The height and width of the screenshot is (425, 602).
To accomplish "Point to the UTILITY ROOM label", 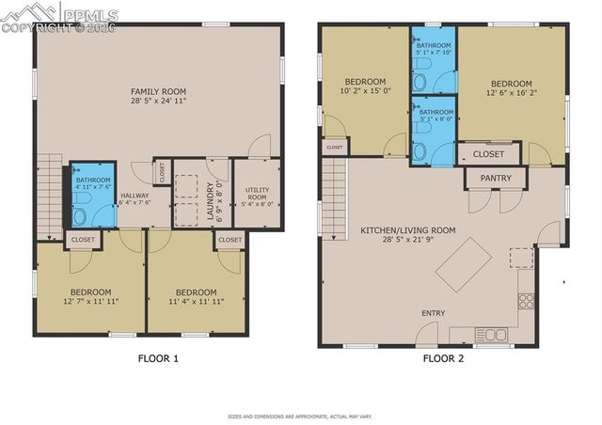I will click(x=257, y=196).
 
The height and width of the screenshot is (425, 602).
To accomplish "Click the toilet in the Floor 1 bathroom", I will click(x=79, y=216).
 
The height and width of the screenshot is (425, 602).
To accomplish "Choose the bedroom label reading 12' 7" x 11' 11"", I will click(x=90, y=296).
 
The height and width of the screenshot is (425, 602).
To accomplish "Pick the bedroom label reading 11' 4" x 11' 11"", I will click(x=196, y=296).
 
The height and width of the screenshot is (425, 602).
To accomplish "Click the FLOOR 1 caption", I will click(x=158, y=358).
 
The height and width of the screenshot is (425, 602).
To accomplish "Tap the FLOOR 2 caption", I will click(x=442, y=358).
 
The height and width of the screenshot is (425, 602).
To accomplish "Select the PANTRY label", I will click(x=495, y=178).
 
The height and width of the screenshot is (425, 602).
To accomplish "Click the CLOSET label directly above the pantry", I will click(x=488, y=153).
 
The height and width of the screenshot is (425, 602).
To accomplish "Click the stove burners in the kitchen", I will click(x=526, y=302).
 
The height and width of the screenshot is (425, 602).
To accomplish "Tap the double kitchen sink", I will click(x=491, y=334).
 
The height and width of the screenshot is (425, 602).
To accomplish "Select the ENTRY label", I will click(x=434, y=313).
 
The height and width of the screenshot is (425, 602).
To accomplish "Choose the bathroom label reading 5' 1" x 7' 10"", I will click(x=435, y=50).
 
